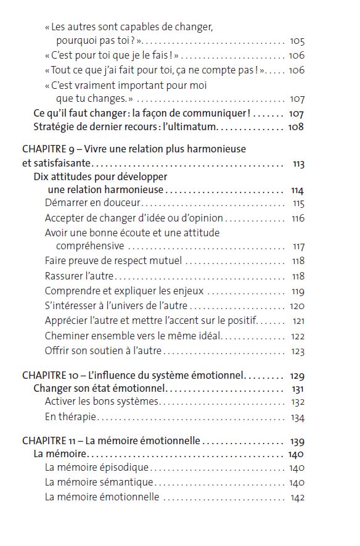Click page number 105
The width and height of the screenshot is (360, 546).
[297, 41]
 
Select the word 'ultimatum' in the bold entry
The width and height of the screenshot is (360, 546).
[193, 127]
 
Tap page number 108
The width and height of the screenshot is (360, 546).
[297, 127]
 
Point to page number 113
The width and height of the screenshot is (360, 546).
[298, 163]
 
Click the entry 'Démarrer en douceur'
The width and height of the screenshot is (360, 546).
[93, 204]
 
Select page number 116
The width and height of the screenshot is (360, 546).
[298, 218]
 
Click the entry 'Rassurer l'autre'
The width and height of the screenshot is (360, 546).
[80, 276]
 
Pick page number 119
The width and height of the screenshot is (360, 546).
[298, 291]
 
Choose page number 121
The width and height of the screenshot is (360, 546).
[298, 321]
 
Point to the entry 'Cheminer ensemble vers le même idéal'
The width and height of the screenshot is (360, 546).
[133, 336]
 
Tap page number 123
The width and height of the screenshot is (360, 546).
[298, 352]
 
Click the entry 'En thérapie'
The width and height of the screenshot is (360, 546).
[71, 418]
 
